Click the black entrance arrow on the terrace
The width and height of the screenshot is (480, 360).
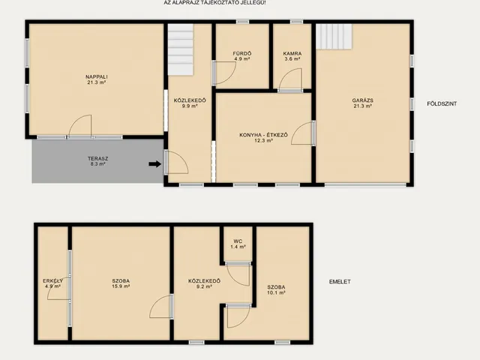click(x=155, y=164)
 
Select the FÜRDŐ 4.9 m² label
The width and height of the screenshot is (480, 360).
click(x=241, y=56)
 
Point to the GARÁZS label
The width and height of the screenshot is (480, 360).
click(x=362, y=100)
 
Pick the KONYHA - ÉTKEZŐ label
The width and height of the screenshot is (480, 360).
click(x=263, y=135)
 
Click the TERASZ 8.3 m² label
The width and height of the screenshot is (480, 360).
click(x=97, y=161)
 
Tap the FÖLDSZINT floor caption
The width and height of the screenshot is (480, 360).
click(x=442, y=103)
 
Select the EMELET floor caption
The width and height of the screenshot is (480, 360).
click(x=340, y=282)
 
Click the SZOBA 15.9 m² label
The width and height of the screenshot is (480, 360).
click(x=121, y=283)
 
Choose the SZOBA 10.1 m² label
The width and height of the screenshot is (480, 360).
click(x=276, y=290)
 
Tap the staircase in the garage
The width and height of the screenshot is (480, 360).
click(x=334, y=37)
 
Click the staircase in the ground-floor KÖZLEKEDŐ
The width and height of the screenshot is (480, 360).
click(x=181, y=49)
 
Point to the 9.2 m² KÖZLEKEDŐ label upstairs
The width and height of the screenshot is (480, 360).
click(x=204, y=283)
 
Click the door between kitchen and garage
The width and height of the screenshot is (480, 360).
click(x=301, y=133)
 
